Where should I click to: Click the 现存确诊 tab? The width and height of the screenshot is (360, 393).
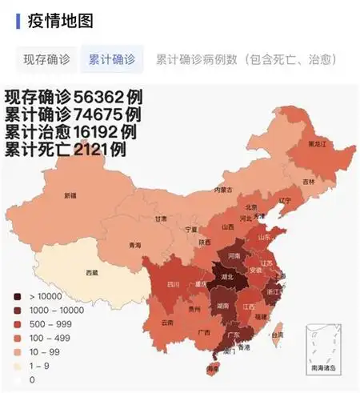[x=46, y=59]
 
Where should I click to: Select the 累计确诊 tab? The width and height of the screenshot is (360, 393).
[x=112, y=59]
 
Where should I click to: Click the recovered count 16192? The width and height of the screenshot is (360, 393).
[x=100, y=132]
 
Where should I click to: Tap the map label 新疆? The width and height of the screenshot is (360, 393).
[x=70, y=194]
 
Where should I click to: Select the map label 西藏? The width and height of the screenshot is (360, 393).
[x=92, y=272]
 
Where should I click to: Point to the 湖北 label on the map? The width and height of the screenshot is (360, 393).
[x=226, y=278]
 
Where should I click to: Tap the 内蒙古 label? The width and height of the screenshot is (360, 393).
[x=223, y=190]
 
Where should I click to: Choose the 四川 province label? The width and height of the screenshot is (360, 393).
[x=173, y=284]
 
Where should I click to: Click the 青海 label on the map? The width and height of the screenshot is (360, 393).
[x=135, y=245]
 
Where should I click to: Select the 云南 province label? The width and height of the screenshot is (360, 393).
[x=166, y=323]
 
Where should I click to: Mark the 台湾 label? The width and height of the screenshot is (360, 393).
[x=278, y=335]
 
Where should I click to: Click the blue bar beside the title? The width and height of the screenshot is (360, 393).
[x=18, y=19]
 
